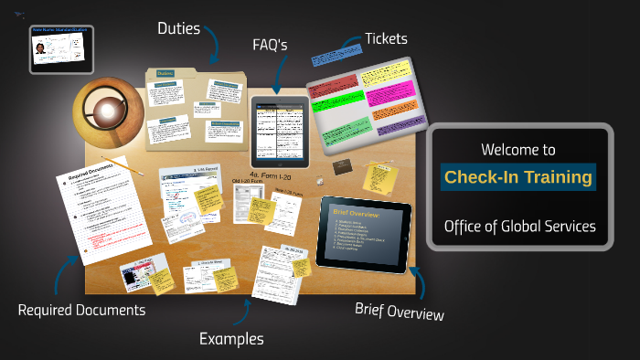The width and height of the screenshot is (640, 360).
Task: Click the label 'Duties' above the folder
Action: pyautogui.click(x=179, y=29)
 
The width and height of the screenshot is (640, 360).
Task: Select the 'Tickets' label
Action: pyautogui.click(x=386, y=38)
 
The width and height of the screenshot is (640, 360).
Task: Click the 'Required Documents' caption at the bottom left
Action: pyautogui.click(x=81, y=310)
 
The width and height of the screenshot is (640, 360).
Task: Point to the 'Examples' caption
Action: pyautogui.click(x=231, y=339)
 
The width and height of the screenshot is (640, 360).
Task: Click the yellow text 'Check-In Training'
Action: pyautogui.click(x=518, y=177)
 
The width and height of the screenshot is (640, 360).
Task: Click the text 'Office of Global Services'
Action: pyautogui.click(x=519, y=227)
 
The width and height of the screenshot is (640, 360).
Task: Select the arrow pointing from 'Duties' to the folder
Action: pyautogui.click(x=213, y=44)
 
